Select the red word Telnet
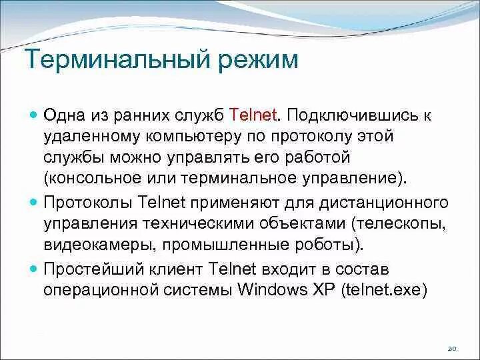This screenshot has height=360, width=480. click(253, 115)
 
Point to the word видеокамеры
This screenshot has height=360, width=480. click(93, 244)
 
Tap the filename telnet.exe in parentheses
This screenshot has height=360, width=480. click(383, 291)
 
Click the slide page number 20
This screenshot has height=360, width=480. click(451, 349)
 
